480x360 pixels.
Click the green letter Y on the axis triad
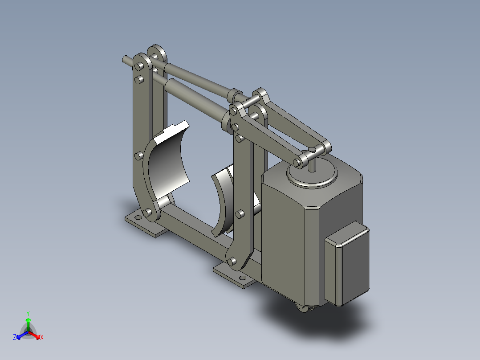coord(28,313)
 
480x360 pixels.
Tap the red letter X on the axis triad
coord(42,337)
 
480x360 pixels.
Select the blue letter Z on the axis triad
coord(15,337)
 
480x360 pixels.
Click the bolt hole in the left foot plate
coord(138,217)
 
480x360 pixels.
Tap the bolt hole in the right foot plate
coord(243,278)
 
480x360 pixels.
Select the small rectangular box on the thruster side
coord(347,263)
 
